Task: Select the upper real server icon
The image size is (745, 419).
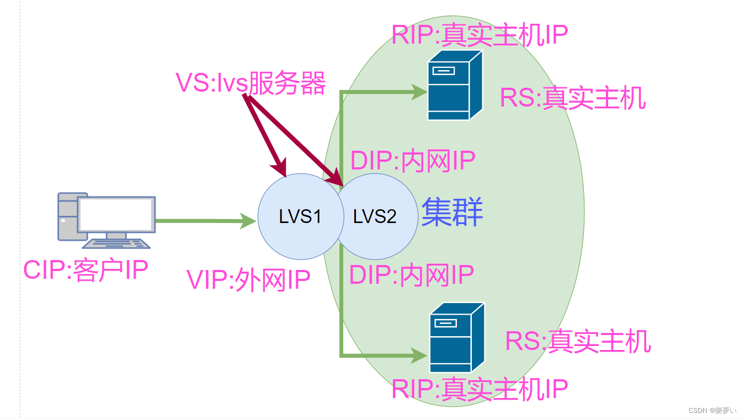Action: pyautogui.click(x=455, y=85)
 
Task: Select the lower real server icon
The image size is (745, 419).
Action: pyautogui.click(x=456, y=337)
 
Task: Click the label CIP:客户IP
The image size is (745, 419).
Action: pyautogui.click(x=86, y=271)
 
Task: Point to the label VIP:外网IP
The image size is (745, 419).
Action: pyautogui.click(x=248, y=280)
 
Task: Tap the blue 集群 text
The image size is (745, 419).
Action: pyautogui.click(x=453, y=213)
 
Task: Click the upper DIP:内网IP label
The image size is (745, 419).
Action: pyautogui.click(x=413, y=161)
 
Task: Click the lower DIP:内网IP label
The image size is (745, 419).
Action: pyautogui.click(x=412, y=274)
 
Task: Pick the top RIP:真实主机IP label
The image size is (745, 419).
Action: pyautogui.click(x=480, y=34)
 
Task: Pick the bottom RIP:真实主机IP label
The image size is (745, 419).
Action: pyautogui.click(x=480, y=389)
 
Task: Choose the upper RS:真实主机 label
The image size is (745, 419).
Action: pyautogui.click(x=572, y=98)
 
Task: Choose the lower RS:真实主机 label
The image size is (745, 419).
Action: pyautogui.click(x=578, y=341)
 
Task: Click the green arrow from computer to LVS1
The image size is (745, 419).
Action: pyautogui.click(x=204, y=221)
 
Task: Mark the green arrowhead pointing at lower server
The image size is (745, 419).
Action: pyautogui.click(x=419, y=355)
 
